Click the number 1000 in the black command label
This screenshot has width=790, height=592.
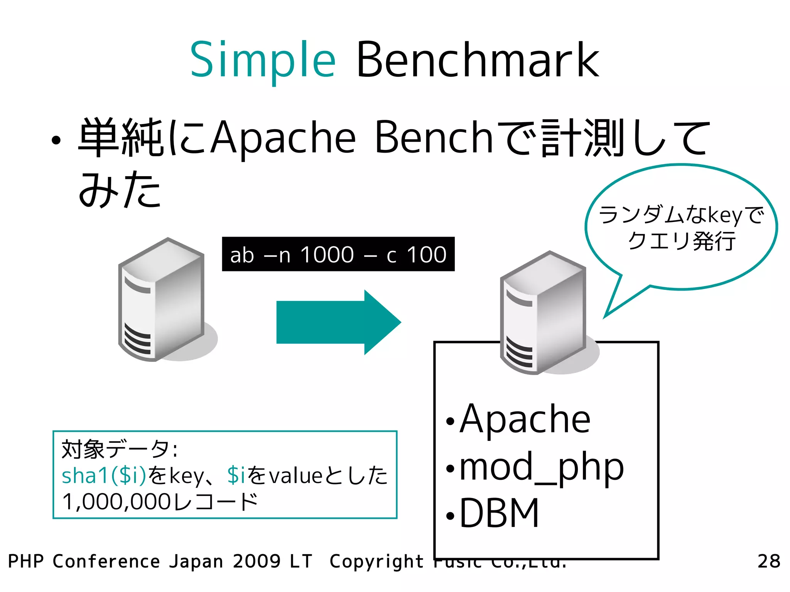pyautogui.click(x=327, y=255)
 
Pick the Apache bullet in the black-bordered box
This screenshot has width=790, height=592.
pyautogui.click(x=525, y=419)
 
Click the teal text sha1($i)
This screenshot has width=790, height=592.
pyautogui.click(x=104, y=475)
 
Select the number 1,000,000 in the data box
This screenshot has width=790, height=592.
pyautogui.click(x=116, y=502)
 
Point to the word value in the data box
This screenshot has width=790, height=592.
pyautogui.click(x=295, y=476)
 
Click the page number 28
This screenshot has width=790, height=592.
pyautogui.click(x=768, y=562)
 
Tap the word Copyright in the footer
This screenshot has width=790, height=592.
pyautogui.click(x=376, y=562)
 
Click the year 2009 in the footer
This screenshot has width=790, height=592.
pyautogui.click(x=257, y=562)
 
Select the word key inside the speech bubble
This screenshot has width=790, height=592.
pyautogui.click(x=725, y=215)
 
